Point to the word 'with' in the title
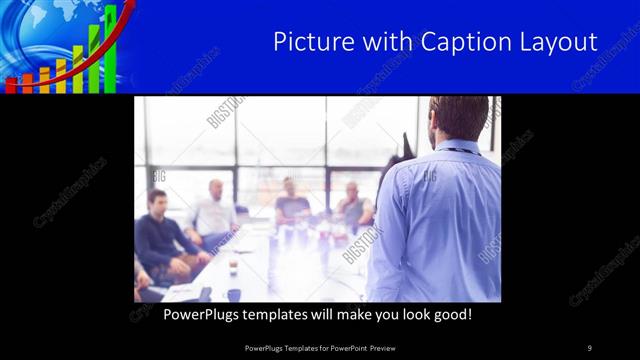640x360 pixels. tap(376, 42)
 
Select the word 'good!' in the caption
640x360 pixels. tap(450, 314)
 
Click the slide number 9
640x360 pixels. tap(589, 347)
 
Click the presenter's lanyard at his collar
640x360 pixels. tap(462, 150)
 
